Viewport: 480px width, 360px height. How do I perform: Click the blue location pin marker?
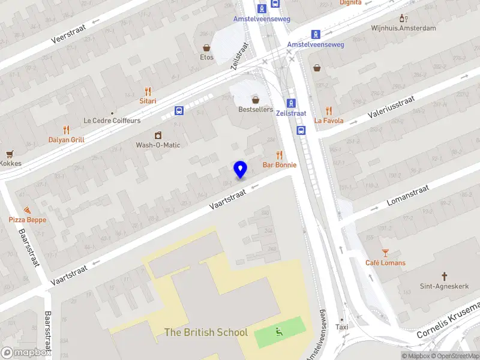[240, 170]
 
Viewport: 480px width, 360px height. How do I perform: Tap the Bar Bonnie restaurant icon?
[280, 155]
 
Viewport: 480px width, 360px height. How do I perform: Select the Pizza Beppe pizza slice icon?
[27, 210]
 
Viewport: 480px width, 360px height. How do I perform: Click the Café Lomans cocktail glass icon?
[385, 253]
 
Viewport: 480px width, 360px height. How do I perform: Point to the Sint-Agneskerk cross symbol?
[445, 277]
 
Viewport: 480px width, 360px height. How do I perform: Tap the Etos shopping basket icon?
[206, 47]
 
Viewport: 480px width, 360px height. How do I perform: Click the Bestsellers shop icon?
[256, 100]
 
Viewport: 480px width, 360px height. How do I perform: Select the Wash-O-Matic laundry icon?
[158, 135]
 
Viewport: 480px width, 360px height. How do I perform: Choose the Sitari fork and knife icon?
[148, 91]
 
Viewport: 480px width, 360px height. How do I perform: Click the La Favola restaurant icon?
[329, 110]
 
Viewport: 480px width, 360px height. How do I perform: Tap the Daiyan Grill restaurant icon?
[66, 130]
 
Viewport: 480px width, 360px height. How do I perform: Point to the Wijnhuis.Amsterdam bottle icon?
[403, 18]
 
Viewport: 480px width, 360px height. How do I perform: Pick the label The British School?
[206, 332]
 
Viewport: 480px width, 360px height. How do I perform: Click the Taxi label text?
[341, 327]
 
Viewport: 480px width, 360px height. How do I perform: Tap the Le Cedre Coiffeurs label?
[112, 121]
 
